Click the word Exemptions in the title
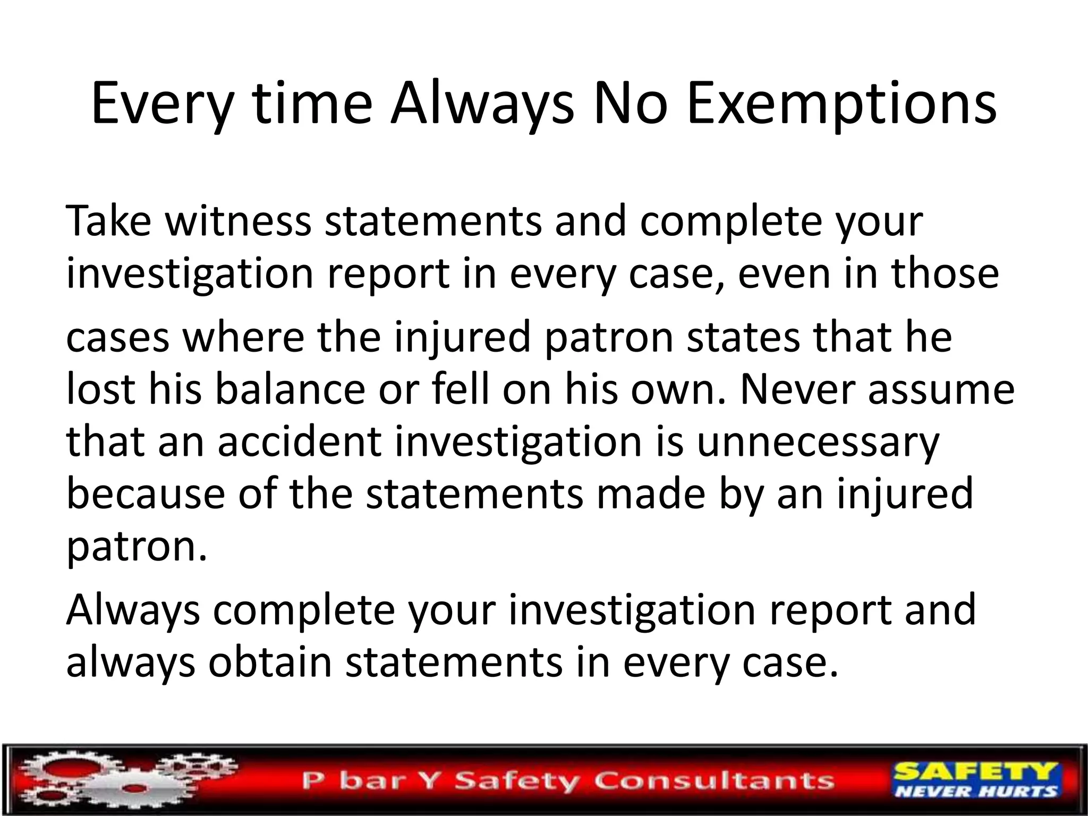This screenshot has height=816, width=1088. (841, 105)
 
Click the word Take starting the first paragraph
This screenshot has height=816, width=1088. (108, 220)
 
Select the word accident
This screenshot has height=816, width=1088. (300, 441)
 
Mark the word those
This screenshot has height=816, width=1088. (945, 273)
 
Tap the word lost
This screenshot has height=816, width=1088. (100, 389)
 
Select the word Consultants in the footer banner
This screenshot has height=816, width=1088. (715, 780)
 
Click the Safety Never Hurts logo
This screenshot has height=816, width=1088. (976, 780)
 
